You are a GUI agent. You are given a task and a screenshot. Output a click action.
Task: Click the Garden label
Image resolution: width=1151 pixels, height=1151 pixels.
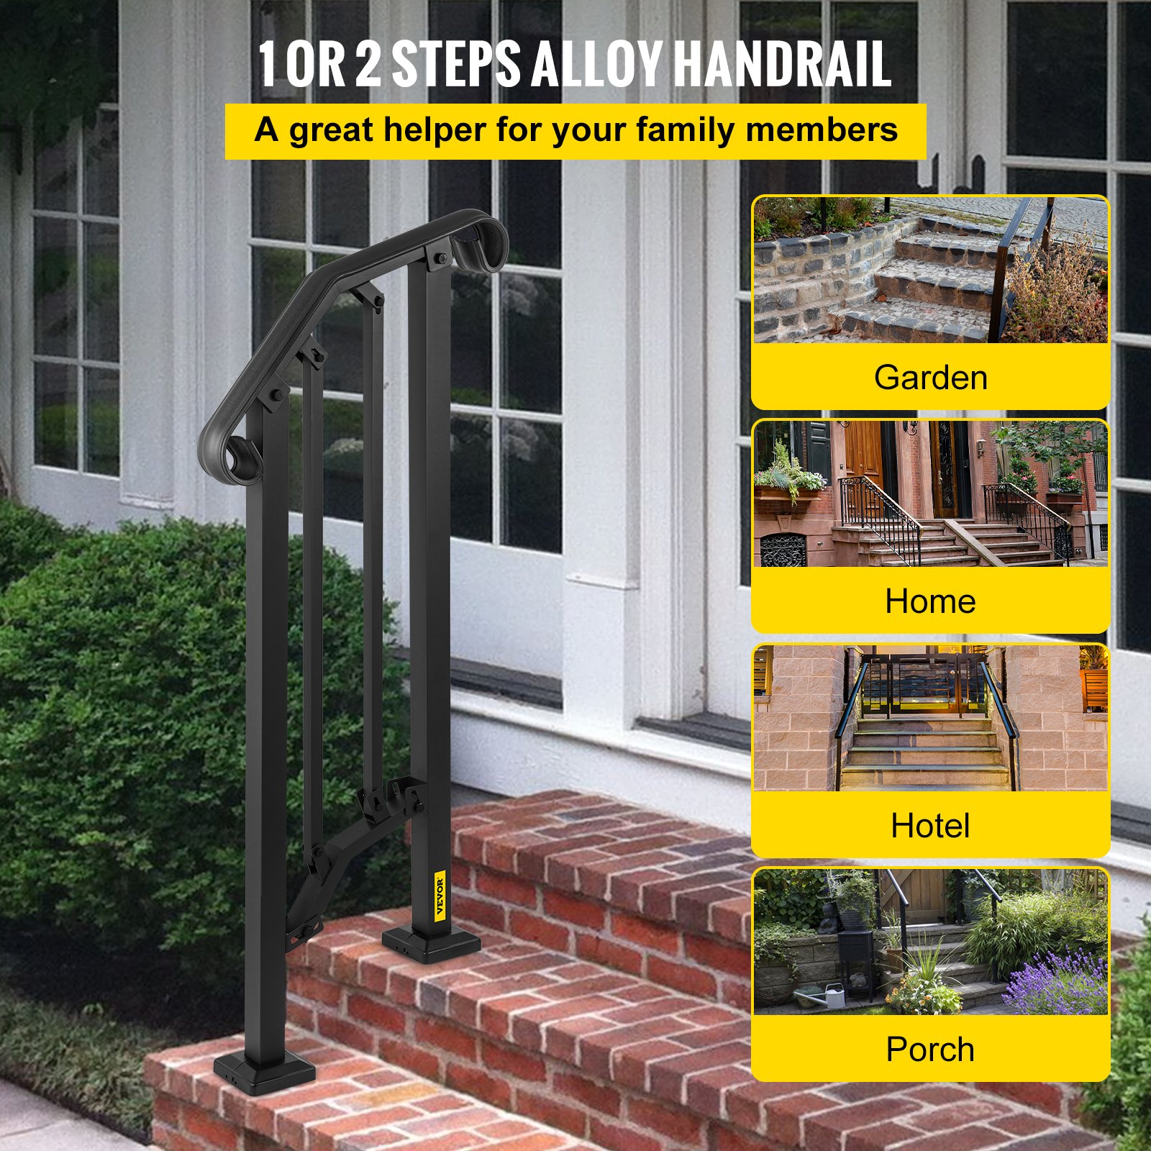pyautogui.click(x=930, y=378)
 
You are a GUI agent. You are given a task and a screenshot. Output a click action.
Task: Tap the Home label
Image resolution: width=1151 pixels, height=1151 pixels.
pyautogui.click(x=930, y=601)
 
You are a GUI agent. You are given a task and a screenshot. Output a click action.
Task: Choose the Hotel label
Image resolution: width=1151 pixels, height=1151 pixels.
pyautogui.click(x=930, y=826)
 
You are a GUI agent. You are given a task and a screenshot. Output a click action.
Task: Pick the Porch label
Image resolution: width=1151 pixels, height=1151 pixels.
pyautogui.click(x=930, y=1050)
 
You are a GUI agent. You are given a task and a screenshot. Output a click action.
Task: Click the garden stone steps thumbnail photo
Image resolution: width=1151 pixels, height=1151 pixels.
pyautogui.click(x=930, y=270)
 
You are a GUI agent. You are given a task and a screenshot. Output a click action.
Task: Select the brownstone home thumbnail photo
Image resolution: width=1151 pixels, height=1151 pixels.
pyautogui.click(x=930, y=493)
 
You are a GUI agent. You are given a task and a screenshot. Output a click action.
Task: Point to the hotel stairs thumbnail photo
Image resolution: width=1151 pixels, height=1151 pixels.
pyautogui.click(x=930, y=718)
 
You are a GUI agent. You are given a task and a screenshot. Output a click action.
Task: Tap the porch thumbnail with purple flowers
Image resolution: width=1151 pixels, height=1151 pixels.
pyautogui.click(x=930, y=942)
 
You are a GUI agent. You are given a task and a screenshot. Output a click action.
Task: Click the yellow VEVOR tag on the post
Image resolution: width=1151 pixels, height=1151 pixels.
pyautogui.click(x=440, y=894)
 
